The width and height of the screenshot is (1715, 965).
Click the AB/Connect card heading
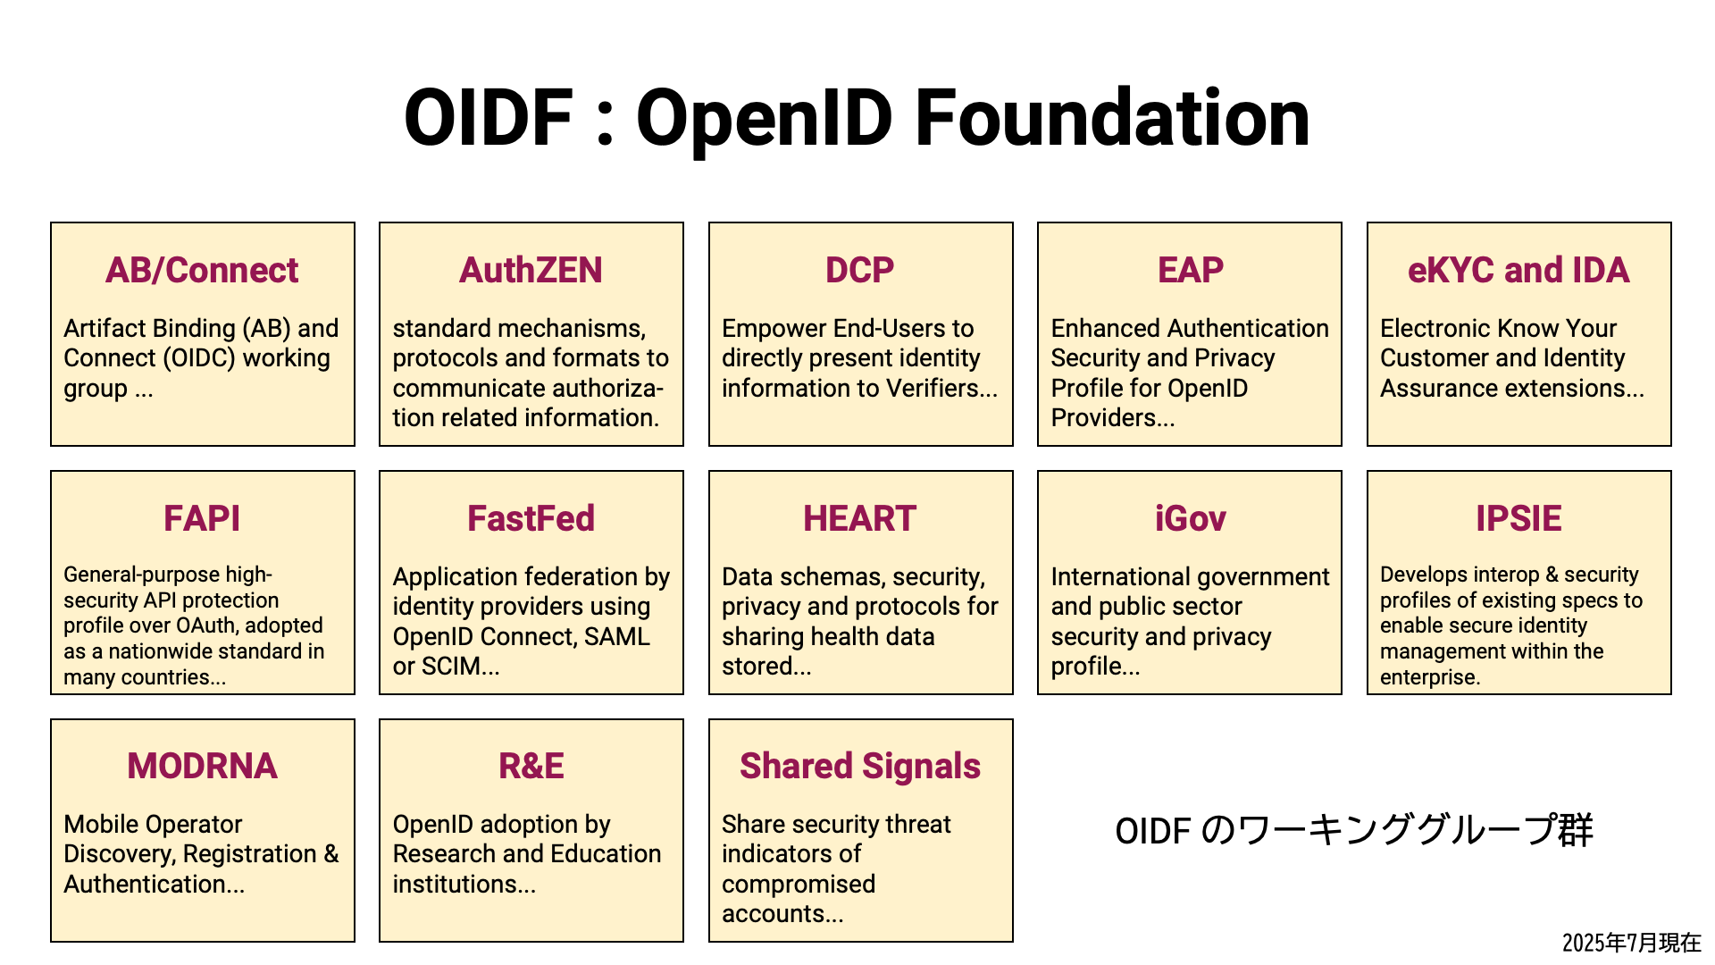(x=202, y=270)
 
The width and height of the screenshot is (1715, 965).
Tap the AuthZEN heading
(x=531, y=270)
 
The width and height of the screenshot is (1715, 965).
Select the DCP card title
(x=860, y=270)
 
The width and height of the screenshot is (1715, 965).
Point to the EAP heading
(x=1190, y=270)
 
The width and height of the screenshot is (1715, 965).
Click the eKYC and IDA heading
(x=1518, y=270)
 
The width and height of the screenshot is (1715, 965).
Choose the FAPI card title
(x=202, y=518)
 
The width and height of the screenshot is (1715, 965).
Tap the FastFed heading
(x=531, y=518)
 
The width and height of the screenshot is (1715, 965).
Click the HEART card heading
(x=860, y=518)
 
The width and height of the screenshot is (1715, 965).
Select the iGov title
(x=1190, y=518)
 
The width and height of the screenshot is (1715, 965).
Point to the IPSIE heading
(x=1518, y=518)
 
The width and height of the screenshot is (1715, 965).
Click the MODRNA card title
(x=202, y=766)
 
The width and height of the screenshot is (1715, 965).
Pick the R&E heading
(x=531, y=766)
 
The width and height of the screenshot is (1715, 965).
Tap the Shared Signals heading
(x=860, y=766)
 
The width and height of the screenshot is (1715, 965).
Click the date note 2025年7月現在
(x=1631, y=943)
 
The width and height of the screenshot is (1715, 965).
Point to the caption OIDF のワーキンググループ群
(x=1354, y=830)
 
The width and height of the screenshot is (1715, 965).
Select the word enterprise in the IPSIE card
(x=1428, y=677)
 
